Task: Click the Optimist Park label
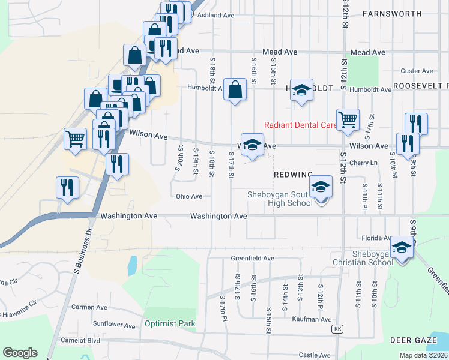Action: (170, 324)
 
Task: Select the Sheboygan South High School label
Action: (280, 199)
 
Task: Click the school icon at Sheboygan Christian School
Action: (402, 247)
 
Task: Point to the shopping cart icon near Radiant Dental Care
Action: (348, 119)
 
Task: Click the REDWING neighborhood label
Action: (293, 174)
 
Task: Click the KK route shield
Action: (338, 329)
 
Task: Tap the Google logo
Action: (20, 352)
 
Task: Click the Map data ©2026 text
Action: (423, 355)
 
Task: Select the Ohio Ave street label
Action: (189, 196)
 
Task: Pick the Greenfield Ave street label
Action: (253, 259)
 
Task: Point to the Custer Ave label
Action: (417, 71)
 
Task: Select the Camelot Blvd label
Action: (80, 340)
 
